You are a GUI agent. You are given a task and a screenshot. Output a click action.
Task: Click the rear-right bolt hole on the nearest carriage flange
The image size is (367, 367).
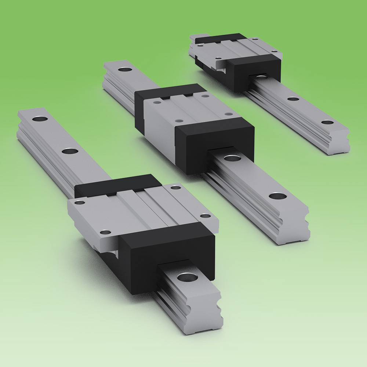(176, 188)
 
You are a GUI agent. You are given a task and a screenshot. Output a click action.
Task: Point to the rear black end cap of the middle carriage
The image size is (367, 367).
(169, 92)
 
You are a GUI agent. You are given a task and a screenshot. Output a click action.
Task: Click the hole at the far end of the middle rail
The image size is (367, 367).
(124, 69)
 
